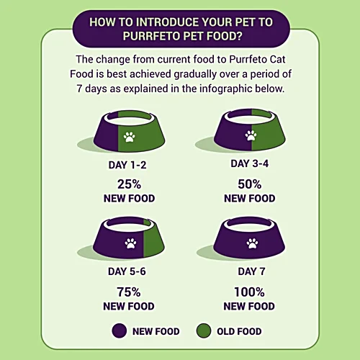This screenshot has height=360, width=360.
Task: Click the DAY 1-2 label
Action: click(127, 165)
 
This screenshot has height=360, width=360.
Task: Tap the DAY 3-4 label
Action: click(250, 163)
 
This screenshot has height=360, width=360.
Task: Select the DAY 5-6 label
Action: click(127, 271)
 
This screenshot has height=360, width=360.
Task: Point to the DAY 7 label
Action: click(251, 271)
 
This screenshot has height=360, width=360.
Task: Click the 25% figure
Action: click(129, 184)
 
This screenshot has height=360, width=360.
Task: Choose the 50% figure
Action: click(250, 184)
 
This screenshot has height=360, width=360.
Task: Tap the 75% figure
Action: click(129, 292)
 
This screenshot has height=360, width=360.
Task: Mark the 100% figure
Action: click(249, 292)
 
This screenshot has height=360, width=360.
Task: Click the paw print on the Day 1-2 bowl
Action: click(129, 137)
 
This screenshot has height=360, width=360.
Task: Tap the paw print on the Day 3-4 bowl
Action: click(251, 135)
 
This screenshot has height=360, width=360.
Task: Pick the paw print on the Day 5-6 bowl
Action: click(130, 243)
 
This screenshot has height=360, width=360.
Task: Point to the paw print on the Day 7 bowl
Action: click(252, 243)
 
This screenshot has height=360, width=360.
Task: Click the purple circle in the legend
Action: click(120, 330)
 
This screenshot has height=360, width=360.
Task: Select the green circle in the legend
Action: click(204, 330)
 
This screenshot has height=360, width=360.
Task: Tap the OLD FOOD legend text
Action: click(239, 331)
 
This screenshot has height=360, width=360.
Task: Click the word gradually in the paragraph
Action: click(195, 74)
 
